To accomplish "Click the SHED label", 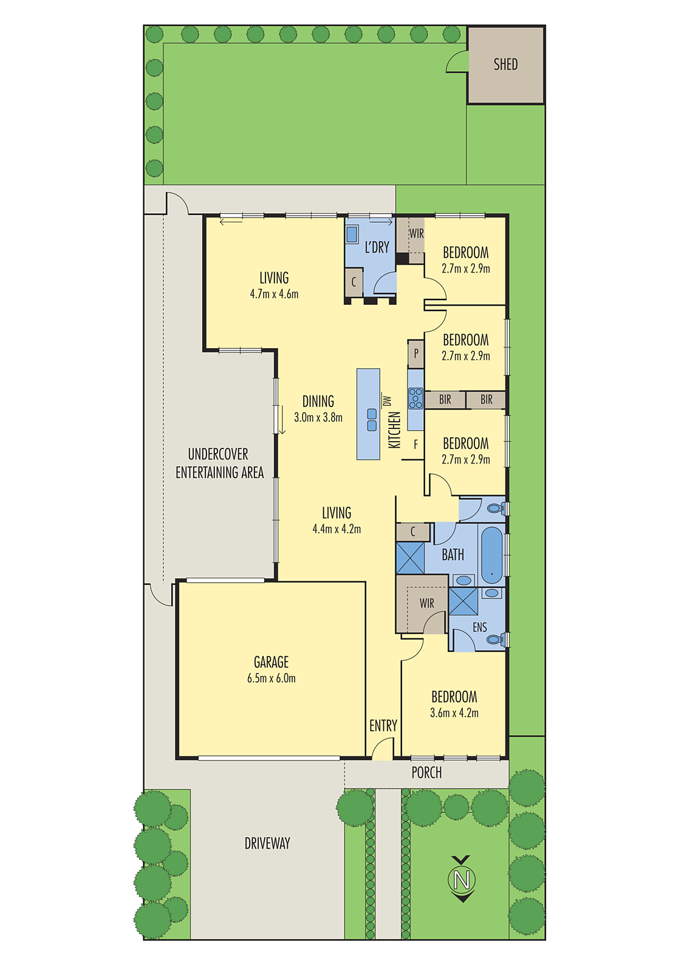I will tap(505, 64).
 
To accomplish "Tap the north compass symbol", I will tap(462, 879).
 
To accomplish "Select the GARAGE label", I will tap(271, 662).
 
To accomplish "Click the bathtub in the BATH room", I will tap(492, 555).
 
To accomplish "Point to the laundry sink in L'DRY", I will tap(352, 234).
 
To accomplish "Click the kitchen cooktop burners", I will tap(415, 398).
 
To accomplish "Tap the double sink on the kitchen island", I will tap(372, 420).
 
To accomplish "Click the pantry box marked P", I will tap(416, 353).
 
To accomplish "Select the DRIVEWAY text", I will tap(267, 843).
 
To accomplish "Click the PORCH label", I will tap(426, 773).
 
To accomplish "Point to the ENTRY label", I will tap(383, 725).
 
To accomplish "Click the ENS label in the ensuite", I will tap(480, 627).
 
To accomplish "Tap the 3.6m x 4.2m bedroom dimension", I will tap(454, 713).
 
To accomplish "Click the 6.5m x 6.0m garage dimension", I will tap(271, 679).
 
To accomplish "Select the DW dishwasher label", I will tap(387, 400).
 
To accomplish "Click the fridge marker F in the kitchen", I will tap(416, 445).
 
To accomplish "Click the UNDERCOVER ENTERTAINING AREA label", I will tap(219, 463).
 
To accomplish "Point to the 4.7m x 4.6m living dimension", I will tap(274, 294).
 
